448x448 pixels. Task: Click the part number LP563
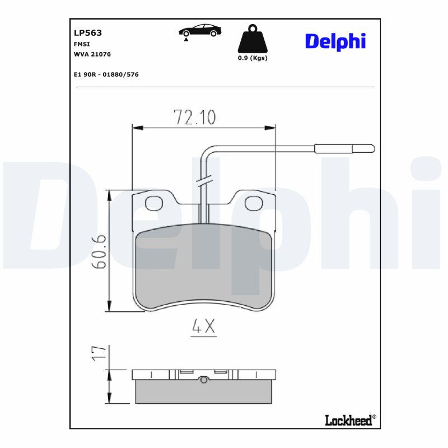click(88, 32)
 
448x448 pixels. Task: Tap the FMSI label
click(82, 44)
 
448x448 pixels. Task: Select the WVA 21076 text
click(92, 54)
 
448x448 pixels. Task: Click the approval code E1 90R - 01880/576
click(106, 74)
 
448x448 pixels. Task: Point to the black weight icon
click(253, 39)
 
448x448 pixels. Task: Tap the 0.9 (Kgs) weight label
click(253, 58)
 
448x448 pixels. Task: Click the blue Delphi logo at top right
click(335, 41)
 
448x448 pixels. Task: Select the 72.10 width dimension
click(194, 117)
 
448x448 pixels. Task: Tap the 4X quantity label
click(203, 328)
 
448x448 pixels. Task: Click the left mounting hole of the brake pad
click(153, 203)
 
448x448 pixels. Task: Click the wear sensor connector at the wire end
click(344, 148)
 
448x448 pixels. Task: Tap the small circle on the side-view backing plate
click(204, 380)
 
